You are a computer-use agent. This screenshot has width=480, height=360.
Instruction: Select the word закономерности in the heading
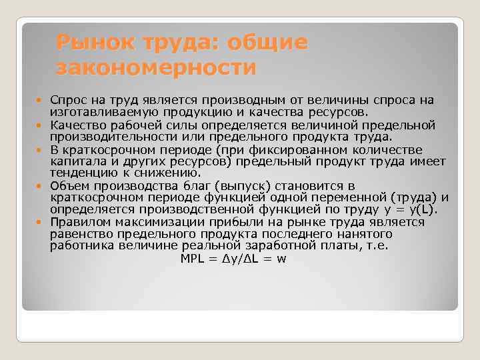click(x=156, y=67)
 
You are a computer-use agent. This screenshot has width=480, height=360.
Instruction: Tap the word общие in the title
click(x=269, y=43)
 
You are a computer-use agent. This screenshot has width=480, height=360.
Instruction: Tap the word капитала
click(x=76, y=161)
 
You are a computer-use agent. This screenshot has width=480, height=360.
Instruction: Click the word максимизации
click(x=164, y=222)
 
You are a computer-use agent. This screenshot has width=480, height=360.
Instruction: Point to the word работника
click(x=79, y=246)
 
